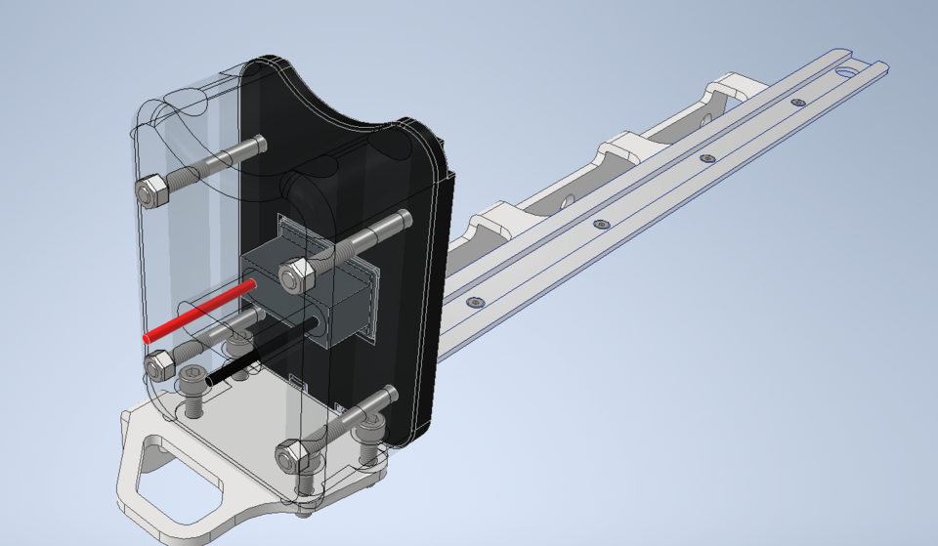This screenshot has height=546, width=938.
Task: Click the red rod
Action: [x=200, y=311]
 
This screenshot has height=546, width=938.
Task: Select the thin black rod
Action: [x=259, y=352]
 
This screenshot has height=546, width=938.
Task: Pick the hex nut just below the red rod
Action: [x=159, y=365]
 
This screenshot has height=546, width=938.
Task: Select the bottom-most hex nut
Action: [x=291, y=455]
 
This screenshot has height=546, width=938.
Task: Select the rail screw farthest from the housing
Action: [x=798, y=102]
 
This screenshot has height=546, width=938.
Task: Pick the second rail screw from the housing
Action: [x=600, y=224]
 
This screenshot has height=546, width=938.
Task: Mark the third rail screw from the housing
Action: [x=707, y=157]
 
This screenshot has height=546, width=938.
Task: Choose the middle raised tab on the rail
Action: [x=620, y=147]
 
